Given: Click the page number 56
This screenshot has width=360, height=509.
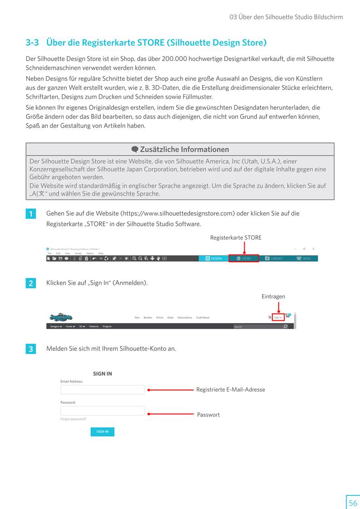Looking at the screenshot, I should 353,503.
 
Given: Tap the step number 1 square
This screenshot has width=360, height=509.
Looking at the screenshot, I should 30,214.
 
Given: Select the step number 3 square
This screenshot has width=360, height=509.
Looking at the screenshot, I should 30,349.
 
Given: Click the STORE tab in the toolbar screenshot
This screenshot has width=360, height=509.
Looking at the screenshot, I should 244,258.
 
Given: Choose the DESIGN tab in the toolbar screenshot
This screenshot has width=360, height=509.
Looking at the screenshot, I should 214,258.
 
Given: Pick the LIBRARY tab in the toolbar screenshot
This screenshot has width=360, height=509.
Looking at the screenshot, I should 274,258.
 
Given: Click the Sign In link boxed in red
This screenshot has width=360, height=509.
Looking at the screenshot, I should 278,318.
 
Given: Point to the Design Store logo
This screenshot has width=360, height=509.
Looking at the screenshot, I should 61,317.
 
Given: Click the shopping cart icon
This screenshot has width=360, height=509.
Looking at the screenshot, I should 288,316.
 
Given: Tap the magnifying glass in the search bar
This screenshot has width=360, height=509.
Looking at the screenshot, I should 285,326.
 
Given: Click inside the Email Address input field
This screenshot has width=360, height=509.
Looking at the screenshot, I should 102,390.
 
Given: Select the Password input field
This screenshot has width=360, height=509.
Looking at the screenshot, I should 102,411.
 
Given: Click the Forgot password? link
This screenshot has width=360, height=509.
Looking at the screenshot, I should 73,419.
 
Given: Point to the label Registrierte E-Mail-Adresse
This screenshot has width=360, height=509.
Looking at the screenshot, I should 231,390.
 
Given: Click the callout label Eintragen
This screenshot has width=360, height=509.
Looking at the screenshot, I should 273,297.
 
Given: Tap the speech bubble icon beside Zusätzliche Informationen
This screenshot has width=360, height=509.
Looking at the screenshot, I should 135,150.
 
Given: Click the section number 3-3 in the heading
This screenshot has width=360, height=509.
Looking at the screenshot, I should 33,43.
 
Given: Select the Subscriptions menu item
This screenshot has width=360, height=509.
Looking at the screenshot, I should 185,318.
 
